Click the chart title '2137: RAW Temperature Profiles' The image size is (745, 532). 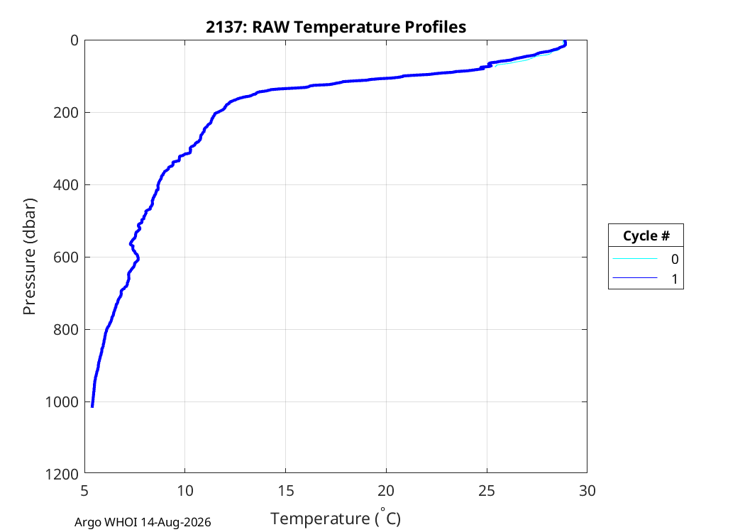click(x=336, y=27)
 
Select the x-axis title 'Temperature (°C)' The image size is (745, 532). click(x=336, y=518)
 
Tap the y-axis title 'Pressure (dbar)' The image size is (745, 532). click(x=30, y=257)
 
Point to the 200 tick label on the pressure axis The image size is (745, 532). click(x=66, y=113)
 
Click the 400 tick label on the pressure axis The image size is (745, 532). click(x=66, y=185)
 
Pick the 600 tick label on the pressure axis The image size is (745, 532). click(x=66, y=257)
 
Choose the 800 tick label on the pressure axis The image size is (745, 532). click(x=66, y=330)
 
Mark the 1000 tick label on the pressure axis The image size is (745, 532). click(x=62, y=402)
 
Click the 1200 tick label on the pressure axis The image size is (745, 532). click(x=62, y=474)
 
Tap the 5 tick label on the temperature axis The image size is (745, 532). click(x=84, y=491)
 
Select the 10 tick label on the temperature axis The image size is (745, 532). click(x=185, y=491)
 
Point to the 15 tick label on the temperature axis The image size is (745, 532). click(x=285, y=491)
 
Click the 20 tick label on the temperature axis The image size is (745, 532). click(x=386, y=491)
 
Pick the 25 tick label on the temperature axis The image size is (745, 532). click(x=487, y=491)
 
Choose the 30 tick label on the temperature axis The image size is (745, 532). click(x=587, y=491)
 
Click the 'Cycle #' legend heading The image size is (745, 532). click(x=646, y=235)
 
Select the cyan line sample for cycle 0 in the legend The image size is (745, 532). click(x=635, y=259)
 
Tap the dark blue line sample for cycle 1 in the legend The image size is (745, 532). click(x=635, y=278)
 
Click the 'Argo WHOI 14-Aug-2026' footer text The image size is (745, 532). click(x=143, y=523)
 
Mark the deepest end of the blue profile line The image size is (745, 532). click(x=92, y=406)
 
